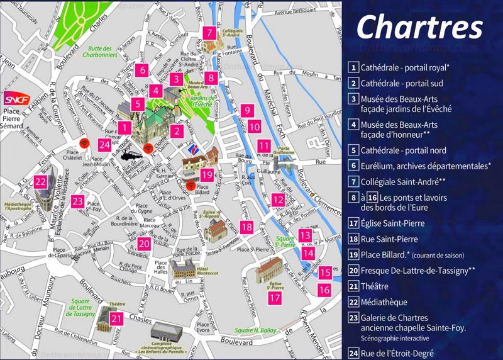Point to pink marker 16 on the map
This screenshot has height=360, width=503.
tap(324, 290)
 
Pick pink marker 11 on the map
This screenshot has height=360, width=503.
tap(263, 147)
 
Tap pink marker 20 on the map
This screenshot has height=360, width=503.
tap(145, 244)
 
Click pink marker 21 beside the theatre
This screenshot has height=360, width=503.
tap(116, 319)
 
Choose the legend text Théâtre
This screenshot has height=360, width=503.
tap(378, 286)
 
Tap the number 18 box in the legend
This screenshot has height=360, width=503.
tap(354, 239)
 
